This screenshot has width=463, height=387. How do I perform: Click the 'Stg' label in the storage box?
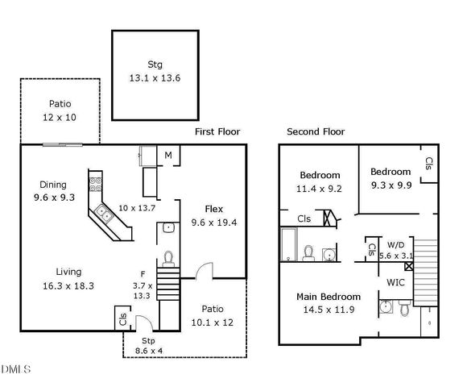[155, 64]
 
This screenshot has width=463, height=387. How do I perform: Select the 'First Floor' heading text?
[217, 131]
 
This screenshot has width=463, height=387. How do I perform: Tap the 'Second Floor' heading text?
[316, 131]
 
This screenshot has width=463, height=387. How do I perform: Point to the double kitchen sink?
[104, 214]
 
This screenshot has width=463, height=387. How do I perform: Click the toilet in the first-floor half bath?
[168, 257]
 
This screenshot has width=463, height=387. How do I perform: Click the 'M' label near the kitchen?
[169, 155]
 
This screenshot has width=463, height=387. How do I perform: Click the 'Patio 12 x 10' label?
[60, 110]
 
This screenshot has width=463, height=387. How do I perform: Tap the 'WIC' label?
[395, 282]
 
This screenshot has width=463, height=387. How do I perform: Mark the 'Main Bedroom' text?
[329, 297]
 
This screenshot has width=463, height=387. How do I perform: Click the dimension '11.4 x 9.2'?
[320, 189]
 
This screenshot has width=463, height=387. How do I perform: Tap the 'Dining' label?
[52, 184]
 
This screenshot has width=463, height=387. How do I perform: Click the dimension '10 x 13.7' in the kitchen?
[136, 208]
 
